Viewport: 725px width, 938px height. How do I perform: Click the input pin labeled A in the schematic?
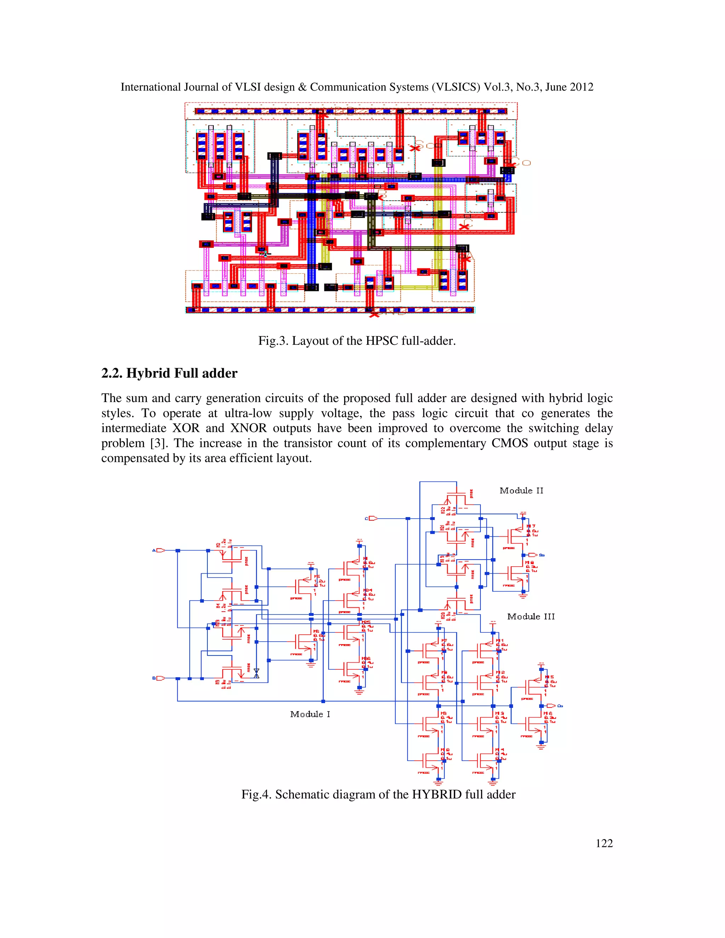click(x=160, y=550)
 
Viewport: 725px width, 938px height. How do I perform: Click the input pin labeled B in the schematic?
click(x=160, y=678)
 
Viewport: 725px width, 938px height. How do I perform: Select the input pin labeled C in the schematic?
click(x=372, y=519)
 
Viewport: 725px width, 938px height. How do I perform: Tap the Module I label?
click(x=310, y=714)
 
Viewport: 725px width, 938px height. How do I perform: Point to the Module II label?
click(x=521, y=491)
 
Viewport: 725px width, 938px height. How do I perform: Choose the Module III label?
click(x=531, y=616)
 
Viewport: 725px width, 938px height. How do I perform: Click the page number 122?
click(x=604, y=843)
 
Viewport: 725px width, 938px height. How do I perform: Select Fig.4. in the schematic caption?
click(x=256, y=794)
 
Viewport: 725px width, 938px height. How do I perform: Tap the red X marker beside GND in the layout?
click(x=375, y=314)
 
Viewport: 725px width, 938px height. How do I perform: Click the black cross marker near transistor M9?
click(x=256, y=673)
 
